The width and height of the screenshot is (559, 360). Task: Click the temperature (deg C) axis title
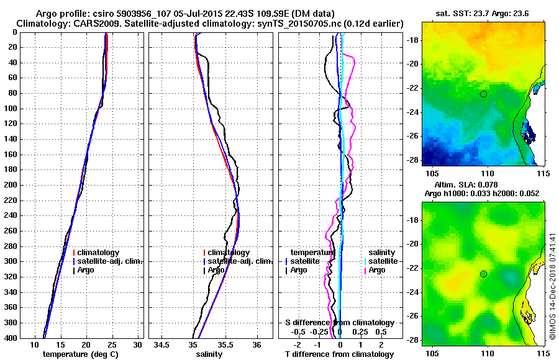click(x=80, y=354)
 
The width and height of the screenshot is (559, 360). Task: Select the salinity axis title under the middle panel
click(x=211, y=354)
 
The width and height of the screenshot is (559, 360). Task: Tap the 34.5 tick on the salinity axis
click(x=163, y=344)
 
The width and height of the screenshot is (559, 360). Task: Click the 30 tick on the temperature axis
click(x=137, y=344)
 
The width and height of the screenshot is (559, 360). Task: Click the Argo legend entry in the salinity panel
click(x=215, y=270)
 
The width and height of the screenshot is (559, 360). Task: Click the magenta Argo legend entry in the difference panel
click(x=376, y=270)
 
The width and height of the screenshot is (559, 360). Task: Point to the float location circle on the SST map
click(x=483, y=94)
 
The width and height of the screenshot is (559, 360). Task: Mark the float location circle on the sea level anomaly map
click(x=483, y=274)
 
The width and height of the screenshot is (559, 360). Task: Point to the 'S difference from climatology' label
click(x=340, y=323)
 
